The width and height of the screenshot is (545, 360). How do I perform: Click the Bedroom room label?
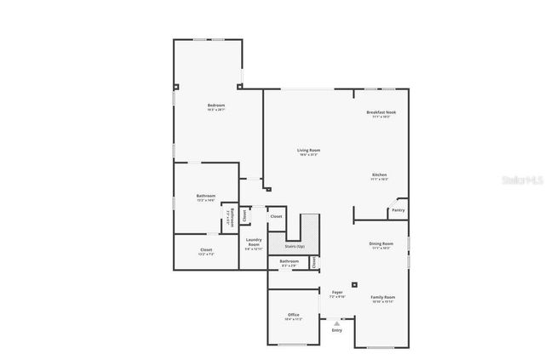point(215,106)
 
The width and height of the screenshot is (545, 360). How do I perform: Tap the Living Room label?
point(308,150)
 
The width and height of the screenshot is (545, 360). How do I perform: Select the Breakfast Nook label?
point(381,112)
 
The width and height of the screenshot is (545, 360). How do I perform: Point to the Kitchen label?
point(380,174)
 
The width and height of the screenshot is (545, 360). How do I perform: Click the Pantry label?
point(399,209)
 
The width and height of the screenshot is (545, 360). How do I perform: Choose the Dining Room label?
point(381,243)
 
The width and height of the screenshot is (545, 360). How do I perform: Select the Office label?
point(294,315)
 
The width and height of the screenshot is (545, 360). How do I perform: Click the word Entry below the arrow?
point(337,330)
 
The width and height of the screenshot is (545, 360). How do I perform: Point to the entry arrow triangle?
point(337,323)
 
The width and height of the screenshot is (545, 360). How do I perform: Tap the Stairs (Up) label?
point(295,246)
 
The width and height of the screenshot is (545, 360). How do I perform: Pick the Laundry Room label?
point(254,243)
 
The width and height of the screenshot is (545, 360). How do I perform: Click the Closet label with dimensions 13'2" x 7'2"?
point(206,249)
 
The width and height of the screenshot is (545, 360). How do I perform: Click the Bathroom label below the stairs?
point(290,260)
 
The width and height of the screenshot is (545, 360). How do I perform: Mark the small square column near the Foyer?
point(355,284)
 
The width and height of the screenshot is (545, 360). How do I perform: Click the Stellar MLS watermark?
point(522,181)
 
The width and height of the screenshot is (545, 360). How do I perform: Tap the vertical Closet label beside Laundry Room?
point(245,215)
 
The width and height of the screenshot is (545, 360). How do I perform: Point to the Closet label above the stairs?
point(276,216)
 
